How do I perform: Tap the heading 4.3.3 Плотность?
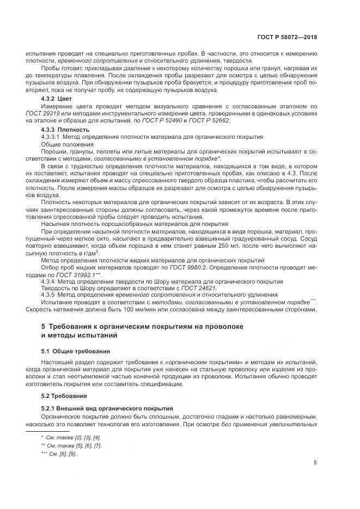point(60,130)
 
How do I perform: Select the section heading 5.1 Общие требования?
point(76,351)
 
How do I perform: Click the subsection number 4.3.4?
point(48,281)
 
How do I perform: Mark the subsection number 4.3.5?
point(48,295)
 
